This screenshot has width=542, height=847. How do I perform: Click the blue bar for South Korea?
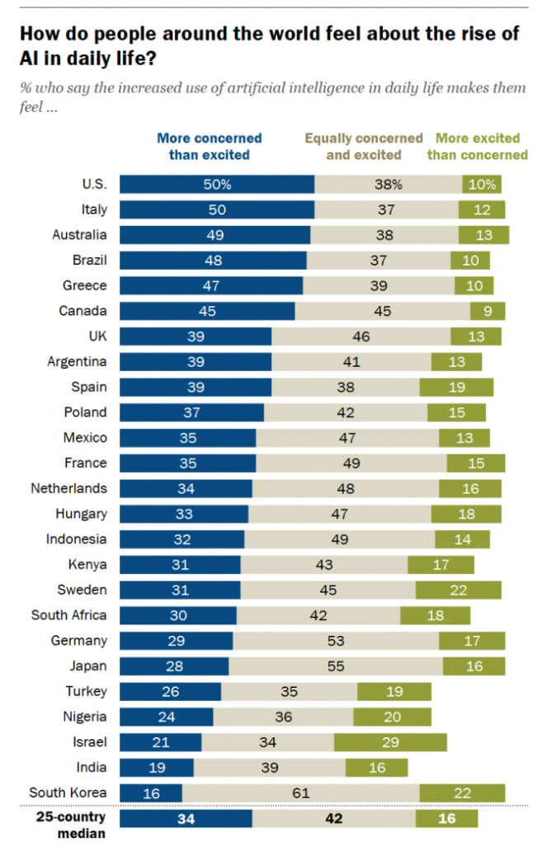pyautogui.click(x=151, y=793)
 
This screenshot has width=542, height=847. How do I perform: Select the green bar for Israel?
pyautogui.click(x=390, y=741)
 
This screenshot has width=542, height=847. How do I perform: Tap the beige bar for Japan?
pyautogui.click(x=336, y=666)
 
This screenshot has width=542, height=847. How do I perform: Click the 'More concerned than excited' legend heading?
pyautogui.click(x=209, y=146)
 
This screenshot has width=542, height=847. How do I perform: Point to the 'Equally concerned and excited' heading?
pyautogui.click(x=363, y=146)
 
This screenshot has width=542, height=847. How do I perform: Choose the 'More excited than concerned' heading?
pyautogui.click(x=482, y=146)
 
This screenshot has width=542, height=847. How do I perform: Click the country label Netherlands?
pyautogui.click(x=69, y=487)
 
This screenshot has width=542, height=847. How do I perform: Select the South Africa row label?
pyautogui.click(x=69, y=614)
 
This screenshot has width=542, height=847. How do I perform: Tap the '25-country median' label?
pyautogui.click(x=71, y=825)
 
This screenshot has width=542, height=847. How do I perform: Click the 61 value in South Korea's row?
pyautogui.click(x=300, y=793)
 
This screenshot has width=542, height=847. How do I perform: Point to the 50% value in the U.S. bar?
pyautogui.click(x=217, y=184)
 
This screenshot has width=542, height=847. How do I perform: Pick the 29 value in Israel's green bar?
pyautogui.click(x=390, y=741)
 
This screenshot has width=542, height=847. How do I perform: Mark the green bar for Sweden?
pyautogui.click(x=458, y=590)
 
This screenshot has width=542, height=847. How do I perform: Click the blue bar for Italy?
pyautogui.click(x=217, y=209)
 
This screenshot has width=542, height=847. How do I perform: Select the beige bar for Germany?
pyautogui.click(x=336, y=640)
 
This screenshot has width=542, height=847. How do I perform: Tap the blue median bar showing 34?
pyautogui.click(x=186, y=818)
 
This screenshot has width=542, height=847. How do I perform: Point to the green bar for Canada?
pyautogui.click(x=488, y=311)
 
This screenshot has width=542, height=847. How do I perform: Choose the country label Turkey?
pyautogui.click(x=87, y=691)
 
